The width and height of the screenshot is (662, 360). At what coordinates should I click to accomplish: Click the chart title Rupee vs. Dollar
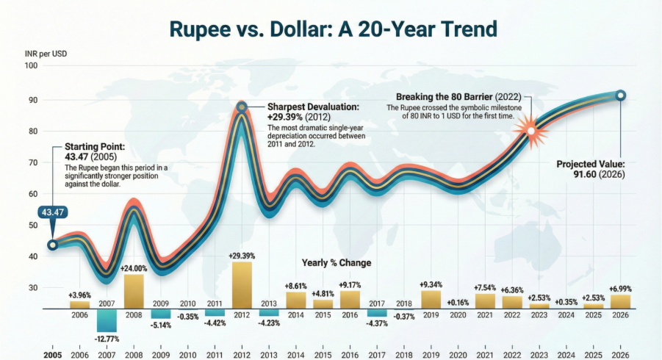pos(333,29)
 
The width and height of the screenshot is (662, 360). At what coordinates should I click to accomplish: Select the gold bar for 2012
pos(242,285)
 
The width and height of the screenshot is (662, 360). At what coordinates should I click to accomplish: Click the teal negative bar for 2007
pos(107,320)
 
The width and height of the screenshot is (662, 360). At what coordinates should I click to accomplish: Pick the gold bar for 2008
pos(134,291)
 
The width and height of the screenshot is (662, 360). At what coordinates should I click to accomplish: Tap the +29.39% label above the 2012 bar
pos(242,256)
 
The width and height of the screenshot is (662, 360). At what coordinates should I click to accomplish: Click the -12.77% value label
pos(107,338)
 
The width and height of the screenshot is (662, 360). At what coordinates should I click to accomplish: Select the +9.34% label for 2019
pos(431,284)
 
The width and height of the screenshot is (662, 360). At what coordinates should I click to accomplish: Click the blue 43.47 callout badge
pos(52,213)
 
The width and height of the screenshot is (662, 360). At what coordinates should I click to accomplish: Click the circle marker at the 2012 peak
pos(241,107)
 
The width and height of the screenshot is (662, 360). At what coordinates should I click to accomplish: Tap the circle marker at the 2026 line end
pos(621,95)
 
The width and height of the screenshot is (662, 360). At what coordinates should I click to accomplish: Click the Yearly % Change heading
pos(337,262)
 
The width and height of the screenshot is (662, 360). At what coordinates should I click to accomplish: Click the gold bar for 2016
pos(350,299)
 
